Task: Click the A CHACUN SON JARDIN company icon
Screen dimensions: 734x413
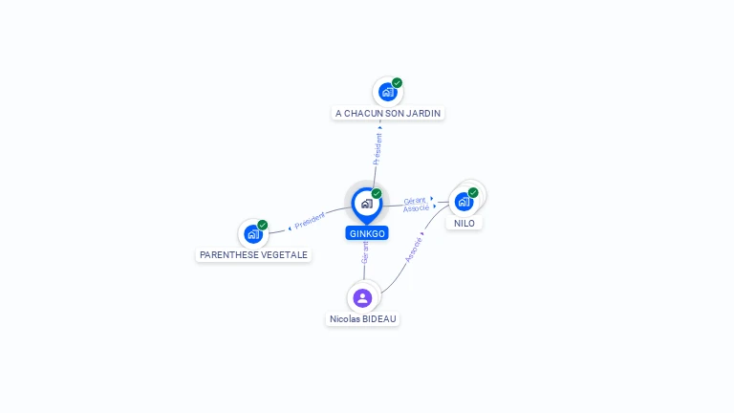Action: (x=388, y=92)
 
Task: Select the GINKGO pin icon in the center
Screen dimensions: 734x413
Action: (x=367, y=206)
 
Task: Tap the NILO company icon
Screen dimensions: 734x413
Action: (x=464, y=202)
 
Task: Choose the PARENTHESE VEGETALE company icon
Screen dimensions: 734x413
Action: (x=253, y=234)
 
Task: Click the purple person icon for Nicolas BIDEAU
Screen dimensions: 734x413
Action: (x=362, y=298)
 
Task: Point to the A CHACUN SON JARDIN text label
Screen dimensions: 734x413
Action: (x=388, y=114)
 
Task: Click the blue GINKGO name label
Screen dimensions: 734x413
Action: (x=367, y=233)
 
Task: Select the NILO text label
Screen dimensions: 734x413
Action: (x=464, y=224)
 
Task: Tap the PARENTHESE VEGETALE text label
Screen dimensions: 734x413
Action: (x=253, y=254)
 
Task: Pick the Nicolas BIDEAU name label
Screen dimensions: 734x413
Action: (x=363, y=319)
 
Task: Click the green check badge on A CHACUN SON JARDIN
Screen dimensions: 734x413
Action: (x=397, y=83)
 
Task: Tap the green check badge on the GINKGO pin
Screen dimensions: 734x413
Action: (x=377, y=193)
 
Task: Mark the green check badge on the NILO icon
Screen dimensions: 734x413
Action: (x=473, y=192)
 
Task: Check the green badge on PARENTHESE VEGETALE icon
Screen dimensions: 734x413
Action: (x=263, y=226)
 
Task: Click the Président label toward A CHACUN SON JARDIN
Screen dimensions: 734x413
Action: (x=378, y=149)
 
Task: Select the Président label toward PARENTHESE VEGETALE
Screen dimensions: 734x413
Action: (x=310, y=221)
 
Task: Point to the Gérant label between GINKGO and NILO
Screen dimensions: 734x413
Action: (x=415, y=201)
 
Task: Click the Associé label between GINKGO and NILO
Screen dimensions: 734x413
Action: (x=416, y=207)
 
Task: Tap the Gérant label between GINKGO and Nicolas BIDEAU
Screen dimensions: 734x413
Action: (x=365, y=252)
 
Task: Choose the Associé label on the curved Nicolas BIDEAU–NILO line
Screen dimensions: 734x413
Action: (x=414, y=250)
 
